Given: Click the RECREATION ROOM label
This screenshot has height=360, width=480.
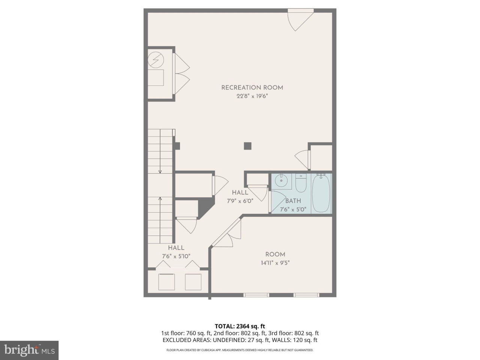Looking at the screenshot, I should pos(252,88).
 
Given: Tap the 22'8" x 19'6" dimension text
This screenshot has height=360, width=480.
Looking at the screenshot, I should pos(252,96).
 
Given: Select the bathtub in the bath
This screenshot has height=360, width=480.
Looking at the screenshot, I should pos(321,193).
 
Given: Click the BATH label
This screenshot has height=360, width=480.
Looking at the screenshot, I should pos(293,201).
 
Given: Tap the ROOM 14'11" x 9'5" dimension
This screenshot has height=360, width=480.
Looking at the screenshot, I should pos(275,263).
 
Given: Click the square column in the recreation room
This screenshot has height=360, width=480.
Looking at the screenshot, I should pos(247,146).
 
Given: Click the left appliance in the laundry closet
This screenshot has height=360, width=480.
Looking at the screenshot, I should pos(166,282).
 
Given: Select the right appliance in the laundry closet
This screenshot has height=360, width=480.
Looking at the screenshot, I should pos(193,282).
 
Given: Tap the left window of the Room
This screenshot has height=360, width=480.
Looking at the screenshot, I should pos(256,295).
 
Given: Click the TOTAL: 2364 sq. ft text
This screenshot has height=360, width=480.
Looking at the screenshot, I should pos(240,326).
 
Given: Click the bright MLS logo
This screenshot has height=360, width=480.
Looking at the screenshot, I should pos(29,350).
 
